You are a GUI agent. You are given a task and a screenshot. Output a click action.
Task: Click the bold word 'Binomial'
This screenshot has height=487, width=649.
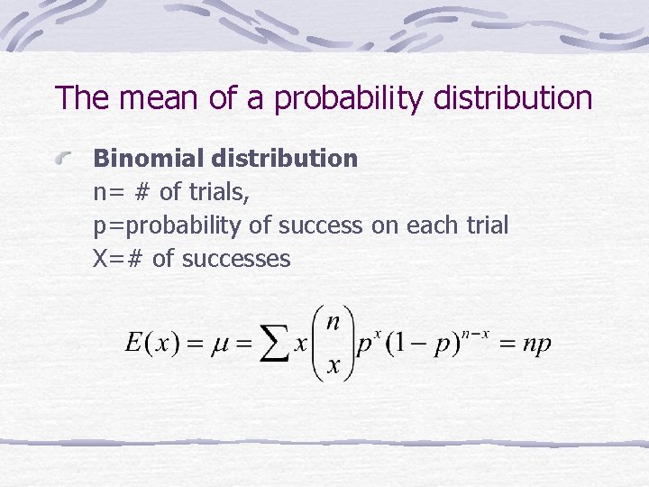[149, 159]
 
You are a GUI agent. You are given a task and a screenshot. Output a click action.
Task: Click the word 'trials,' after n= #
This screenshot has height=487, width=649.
[216, 192]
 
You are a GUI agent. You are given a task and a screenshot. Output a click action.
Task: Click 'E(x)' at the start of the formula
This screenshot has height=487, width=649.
[151, 344]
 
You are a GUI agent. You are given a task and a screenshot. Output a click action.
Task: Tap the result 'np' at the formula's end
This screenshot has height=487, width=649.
[537, 344]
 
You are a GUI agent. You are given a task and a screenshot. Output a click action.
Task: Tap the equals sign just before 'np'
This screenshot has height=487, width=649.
[506, 344]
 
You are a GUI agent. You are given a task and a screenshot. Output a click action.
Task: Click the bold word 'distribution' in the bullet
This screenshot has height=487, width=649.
[284, 159]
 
